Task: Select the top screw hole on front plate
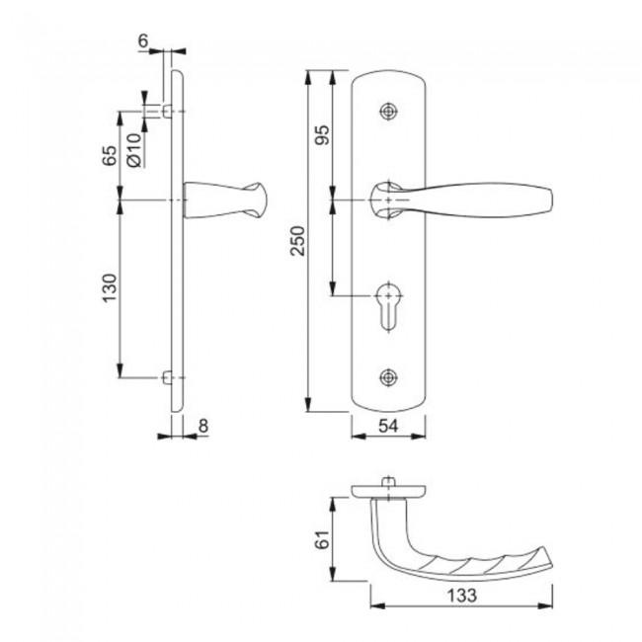(x=390, y=112)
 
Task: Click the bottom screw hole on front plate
(x=390, y=376)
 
